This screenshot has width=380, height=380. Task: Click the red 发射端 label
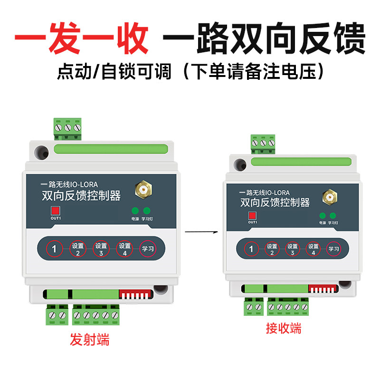pyautogui.click(x=90, y=340)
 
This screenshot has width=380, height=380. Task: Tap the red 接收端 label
pyautogui.click(x=284, y=328)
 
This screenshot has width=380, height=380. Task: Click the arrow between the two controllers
pyautogui.click(x=200, y=232)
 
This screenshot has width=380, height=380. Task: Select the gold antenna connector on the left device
pyautogui.click(x=141, y=190)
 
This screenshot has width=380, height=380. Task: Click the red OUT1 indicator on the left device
pyautogui.click(x=56, y=210)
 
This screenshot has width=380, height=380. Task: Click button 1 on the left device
pyautogui.click(x=54, y=248)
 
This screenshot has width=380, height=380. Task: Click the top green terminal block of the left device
pyautogui.click(x=67, y=128)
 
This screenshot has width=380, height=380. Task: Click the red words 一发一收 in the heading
pyautogui.click(x=81, y=39)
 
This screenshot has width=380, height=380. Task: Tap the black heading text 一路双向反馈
pyautogui.click(x=264, y=39)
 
